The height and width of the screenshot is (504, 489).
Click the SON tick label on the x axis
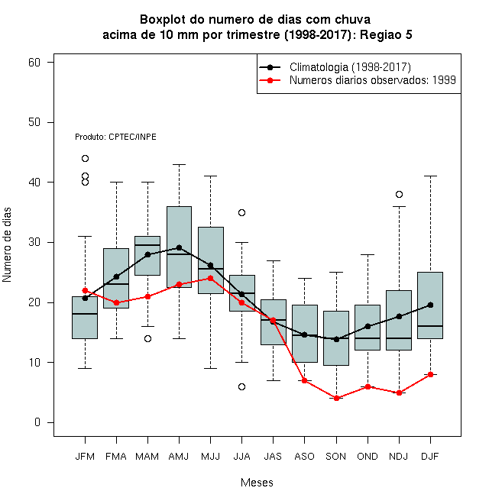(x=335, y=457)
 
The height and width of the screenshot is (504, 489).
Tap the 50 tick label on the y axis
(x=34, y=122)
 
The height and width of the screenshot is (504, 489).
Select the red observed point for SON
(x=336, y=399)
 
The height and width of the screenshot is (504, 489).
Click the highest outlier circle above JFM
(x=85, y=158)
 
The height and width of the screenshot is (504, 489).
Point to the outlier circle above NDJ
(x=400, y=194)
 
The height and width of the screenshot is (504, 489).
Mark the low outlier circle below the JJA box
(x=242, y=386)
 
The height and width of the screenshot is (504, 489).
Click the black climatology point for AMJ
(x=180, y=247)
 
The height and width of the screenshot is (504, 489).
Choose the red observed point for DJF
(x=430, y=374)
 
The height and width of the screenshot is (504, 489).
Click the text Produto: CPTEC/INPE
(x=115, y=137)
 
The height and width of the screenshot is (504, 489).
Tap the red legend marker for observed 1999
(x=270, y=80)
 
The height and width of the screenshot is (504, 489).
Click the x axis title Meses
(x=257, y=483)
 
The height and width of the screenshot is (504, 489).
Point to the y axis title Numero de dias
(x=7, y=245)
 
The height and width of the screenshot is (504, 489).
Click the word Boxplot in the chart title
(x=163, y=20)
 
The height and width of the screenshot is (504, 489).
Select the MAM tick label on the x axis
(x=147, y=457)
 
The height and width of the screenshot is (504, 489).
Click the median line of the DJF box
(x=430, y=326)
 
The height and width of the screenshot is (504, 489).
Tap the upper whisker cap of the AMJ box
(x=180, y=164)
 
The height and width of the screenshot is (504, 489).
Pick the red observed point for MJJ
(x=210, y=278)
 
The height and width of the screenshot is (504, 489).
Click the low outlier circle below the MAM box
(x=147, y=338)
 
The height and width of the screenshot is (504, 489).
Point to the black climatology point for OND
(x=368, y=326)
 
